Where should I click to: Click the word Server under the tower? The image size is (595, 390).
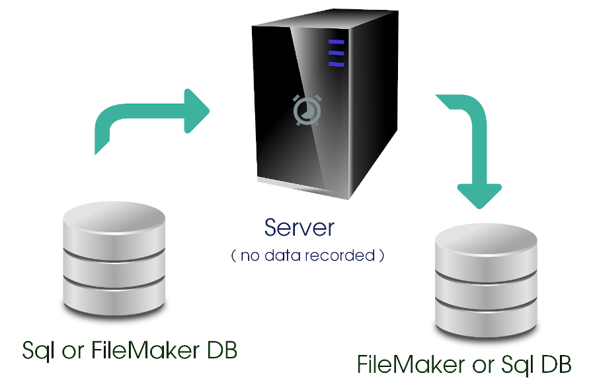pos(299,228)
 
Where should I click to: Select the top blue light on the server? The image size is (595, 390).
pos(337,42)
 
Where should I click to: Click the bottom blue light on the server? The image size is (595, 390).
pos(337,64)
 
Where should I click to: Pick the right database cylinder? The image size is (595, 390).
pos(486,281)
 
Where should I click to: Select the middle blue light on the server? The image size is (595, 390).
pos(337,53)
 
